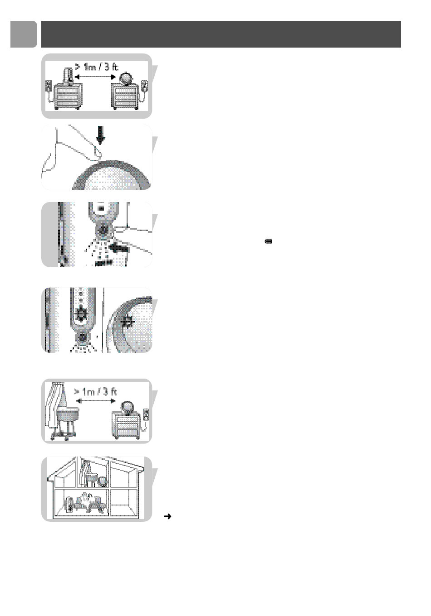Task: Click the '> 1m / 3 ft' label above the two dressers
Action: point(96,67)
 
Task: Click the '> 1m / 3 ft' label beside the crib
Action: point(95,392)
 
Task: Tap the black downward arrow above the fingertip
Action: point(101,135)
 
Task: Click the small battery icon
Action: point(268,241)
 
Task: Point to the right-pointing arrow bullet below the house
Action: point(167,516)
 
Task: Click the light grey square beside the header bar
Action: point(24,34)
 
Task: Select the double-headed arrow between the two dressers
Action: point(95,77)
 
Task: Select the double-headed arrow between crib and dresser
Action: point(96,401)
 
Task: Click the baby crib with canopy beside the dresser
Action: point(63,411)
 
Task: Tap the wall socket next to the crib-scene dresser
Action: point(146,415)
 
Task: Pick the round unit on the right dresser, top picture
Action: point(126,79)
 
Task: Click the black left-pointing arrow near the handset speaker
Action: point(119,248)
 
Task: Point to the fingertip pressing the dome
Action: point(98,153)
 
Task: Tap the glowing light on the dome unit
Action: point(127,321)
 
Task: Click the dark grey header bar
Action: point(221,34)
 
